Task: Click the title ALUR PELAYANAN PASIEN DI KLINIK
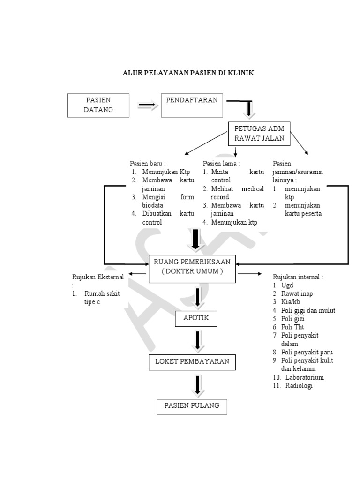pyautogui.click(x=188, y=73)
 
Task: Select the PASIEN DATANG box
pyautogui.click(x=98, y=105)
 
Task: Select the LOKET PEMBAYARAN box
pyautogui.click(x=192, y=362)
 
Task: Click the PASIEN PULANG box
pyautogui.click(x=192, y=406)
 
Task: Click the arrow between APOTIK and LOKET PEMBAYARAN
pyautogui.click(x=198, y=342)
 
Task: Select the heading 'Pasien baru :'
pyautogui.click(x=147, y=164)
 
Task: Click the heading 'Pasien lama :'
pyautogui.click(x=221, y=164)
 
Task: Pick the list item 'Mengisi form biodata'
pyautogui.click(x=162, y=201)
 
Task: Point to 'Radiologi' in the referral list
pyautogui.click(x=299, y=386)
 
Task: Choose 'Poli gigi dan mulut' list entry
pyautogui.click(x=307, y=310)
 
